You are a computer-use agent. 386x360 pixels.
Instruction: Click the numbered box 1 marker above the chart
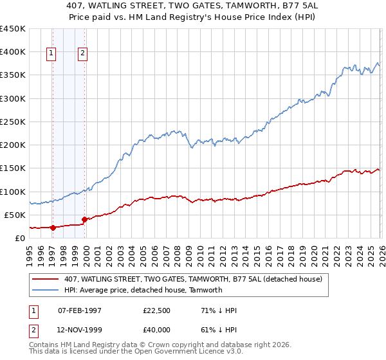click(51, 54)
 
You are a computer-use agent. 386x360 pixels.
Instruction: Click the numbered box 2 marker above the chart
click(83, 54)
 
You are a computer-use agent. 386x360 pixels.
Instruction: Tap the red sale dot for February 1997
click(53, 227)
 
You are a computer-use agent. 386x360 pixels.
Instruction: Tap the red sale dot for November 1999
click(84, 219)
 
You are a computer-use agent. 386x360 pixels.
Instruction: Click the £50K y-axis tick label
click(15, 215)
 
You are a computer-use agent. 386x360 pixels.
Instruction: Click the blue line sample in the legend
click(46, 290)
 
